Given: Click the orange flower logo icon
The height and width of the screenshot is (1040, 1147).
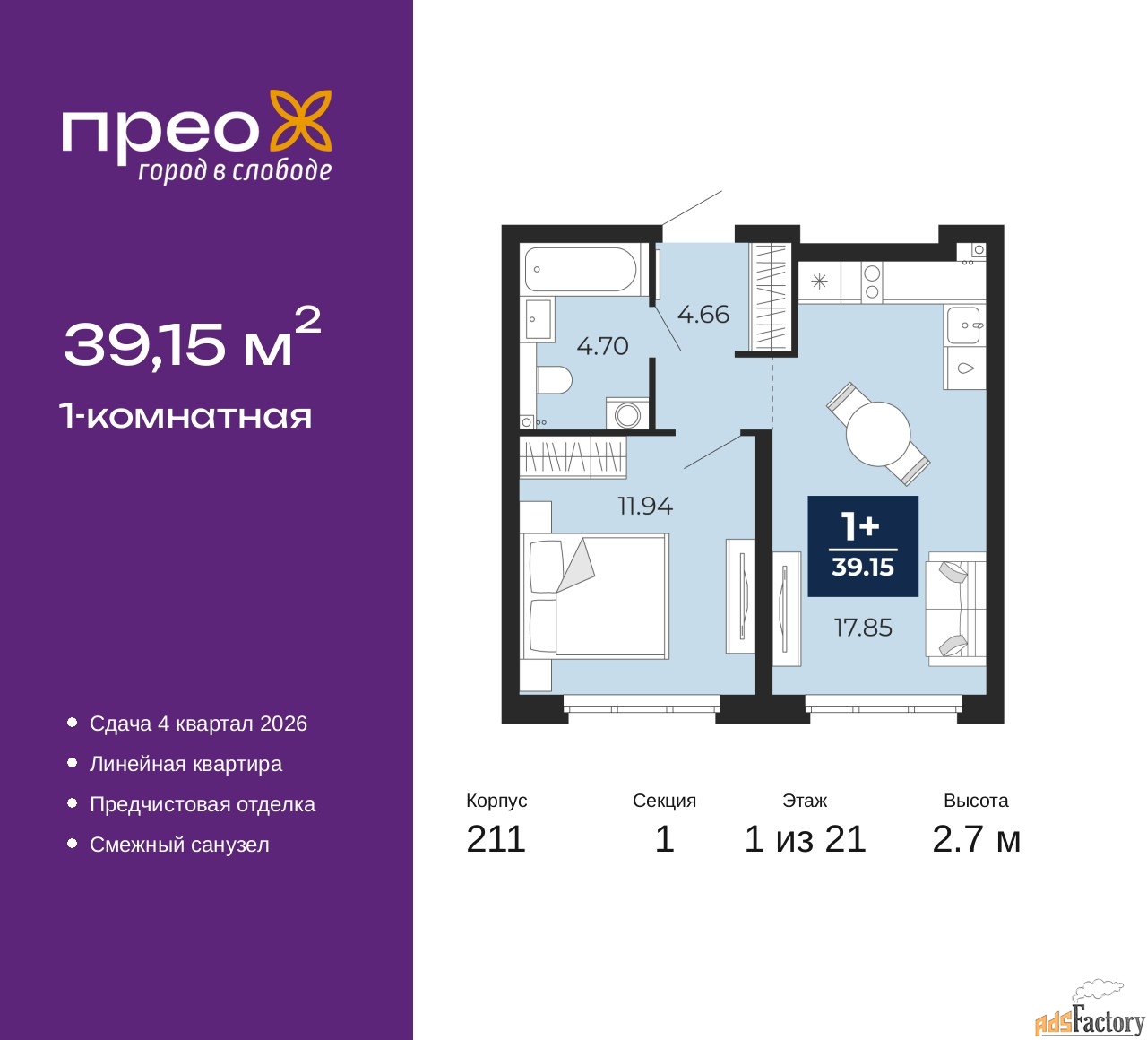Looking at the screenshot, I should point(301,120).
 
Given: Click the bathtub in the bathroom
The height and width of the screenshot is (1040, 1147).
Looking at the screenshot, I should point(580,269).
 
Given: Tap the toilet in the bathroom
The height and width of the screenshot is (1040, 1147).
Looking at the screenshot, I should point(554,380).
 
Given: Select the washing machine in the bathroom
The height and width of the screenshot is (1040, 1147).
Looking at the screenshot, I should point(627,414).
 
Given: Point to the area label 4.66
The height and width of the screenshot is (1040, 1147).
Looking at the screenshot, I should point(703,315).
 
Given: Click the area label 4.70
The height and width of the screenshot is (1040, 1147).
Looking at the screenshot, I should point(602,346).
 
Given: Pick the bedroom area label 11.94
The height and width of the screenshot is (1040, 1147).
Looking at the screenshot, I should point(645,507).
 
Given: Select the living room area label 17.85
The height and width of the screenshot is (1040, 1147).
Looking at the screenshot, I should point(863,628).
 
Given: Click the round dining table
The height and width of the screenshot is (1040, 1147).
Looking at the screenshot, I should point(878,434).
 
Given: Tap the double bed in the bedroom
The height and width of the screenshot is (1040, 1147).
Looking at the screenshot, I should point(595,597).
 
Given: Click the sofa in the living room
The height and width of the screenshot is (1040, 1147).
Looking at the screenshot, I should point(956,609).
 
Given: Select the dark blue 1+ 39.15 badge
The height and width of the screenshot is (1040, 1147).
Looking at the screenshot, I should point(863,546).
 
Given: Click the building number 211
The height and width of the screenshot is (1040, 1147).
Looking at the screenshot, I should point(496,839).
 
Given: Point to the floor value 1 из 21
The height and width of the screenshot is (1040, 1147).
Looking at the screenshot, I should point(805,839).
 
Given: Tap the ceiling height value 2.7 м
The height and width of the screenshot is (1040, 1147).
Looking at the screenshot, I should point(976,839).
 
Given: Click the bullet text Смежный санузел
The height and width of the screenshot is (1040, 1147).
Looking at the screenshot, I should point(179,845).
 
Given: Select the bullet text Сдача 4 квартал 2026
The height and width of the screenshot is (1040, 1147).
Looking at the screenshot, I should point(198,724).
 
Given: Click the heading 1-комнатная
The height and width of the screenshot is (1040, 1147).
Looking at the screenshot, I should point(185,416).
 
